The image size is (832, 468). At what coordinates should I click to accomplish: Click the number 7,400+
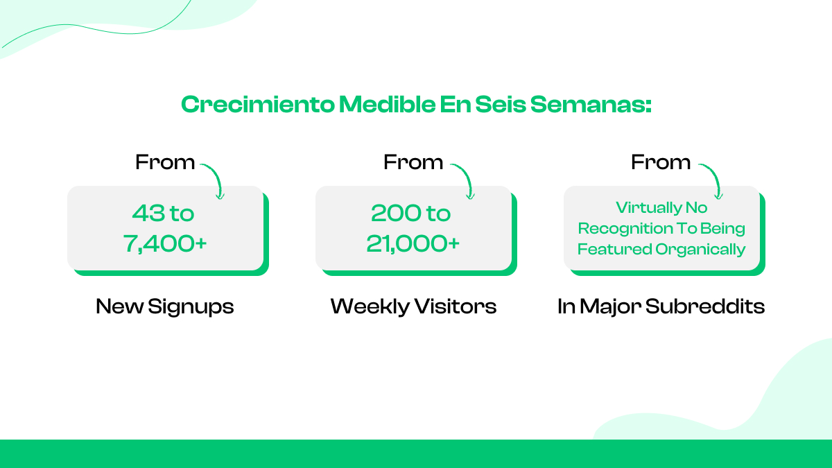(165, 243)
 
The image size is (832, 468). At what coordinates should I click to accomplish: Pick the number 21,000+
(413, 243)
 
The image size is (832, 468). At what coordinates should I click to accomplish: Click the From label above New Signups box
(165, 162)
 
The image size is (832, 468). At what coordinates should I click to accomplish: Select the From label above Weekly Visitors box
(413, 162)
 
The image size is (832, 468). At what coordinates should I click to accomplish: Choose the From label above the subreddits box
(661, 162)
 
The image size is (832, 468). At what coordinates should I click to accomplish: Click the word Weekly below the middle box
(370, 306)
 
